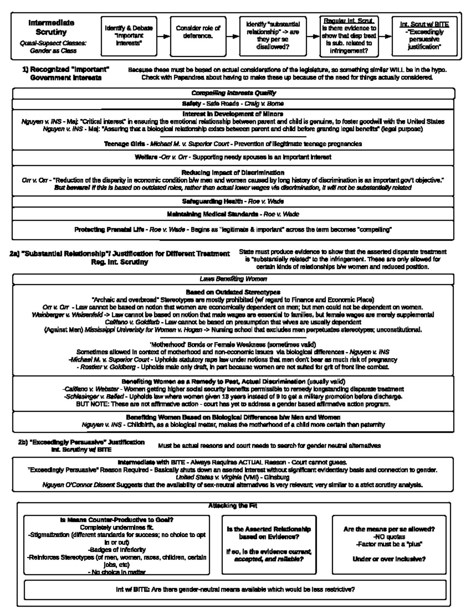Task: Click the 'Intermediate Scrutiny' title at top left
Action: click(51, 27)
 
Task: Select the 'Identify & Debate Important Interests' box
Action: click(129, 36)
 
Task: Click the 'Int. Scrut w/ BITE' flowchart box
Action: click(424, 36)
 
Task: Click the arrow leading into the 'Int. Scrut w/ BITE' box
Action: click(385, 36)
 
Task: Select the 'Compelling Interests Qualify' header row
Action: click(234, 93)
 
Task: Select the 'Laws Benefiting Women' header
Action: click(233, 279)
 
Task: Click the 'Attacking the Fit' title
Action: click(233, 506)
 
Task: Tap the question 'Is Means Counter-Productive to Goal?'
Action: click(117, 520)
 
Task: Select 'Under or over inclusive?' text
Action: click(389, 559)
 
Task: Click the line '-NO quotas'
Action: click(389, 536)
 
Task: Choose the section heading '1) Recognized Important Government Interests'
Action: click(66, 73)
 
